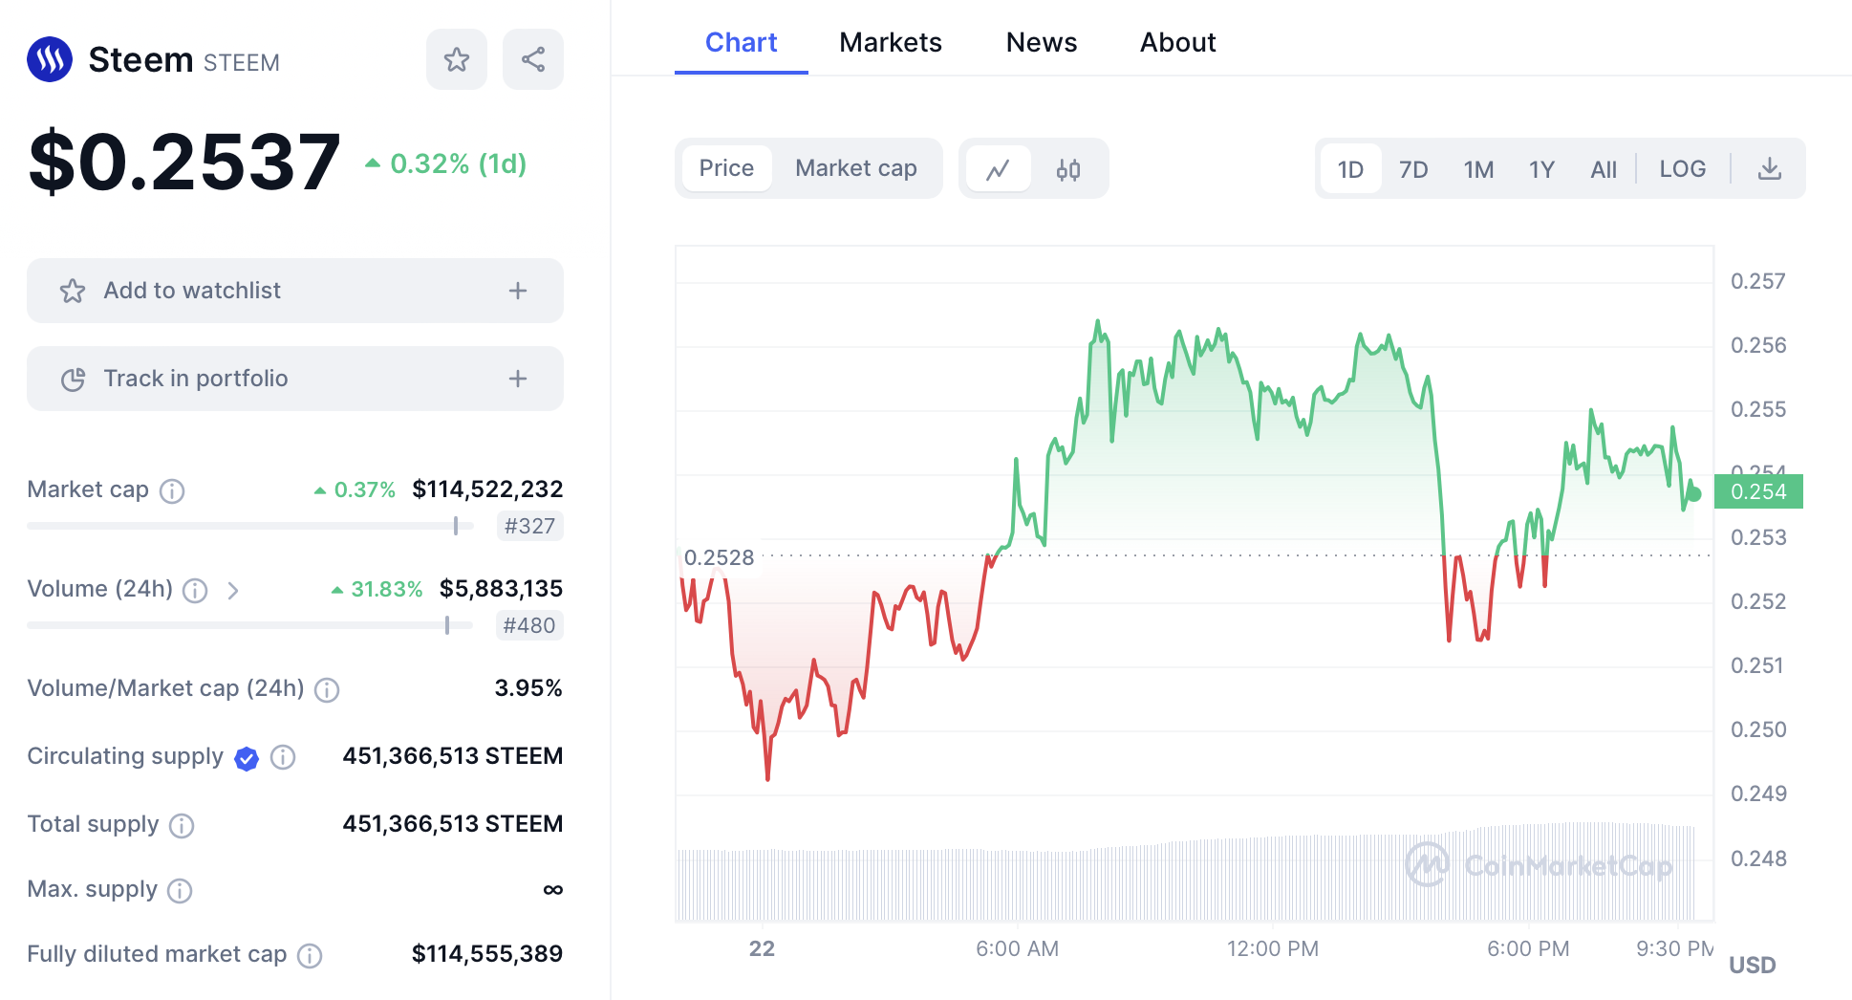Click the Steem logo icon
[50, 59]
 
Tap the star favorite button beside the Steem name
[457, 59]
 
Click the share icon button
[533, 59]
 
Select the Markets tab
[890, 43]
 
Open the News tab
[1041, 43]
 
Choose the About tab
[1177, 43]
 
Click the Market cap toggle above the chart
[855, 169]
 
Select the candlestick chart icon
[1068, 170]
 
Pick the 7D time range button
[1413, 170]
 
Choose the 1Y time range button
[1541, 170]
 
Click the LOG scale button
[1682, 169]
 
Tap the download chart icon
[1770, 169]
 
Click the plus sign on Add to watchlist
[518, 291]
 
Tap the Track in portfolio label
[195, 379]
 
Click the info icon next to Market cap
[172, 491]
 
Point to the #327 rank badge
[529, 526]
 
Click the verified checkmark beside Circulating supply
[247, 758]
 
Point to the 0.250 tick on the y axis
[1758, 730]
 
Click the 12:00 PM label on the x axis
[1272, 949]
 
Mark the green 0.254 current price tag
[1758, 491]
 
